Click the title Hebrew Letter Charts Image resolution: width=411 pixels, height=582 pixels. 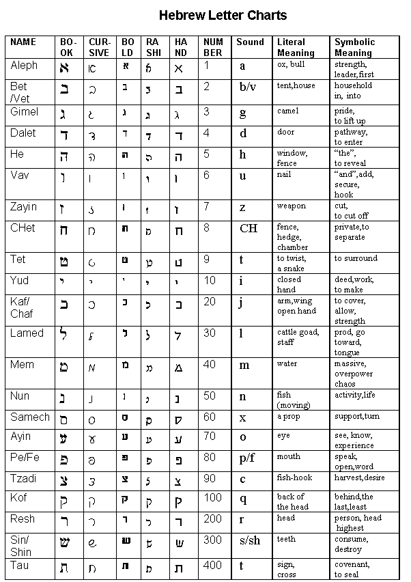click(x=223, y=15)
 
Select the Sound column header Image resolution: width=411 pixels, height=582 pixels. click(x=250, y=42)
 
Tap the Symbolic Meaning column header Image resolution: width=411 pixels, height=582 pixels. click(x=354, y=47)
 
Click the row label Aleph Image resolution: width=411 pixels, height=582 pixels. click(x=24, y=66)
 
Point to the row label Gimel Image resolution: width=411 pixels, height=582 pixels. click(x=25, y=112)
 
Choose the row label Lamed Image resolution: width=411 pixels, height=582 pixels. click(x=27, y=333)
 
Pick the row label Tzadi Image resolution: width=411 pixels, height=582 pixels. click(x=23, y=478)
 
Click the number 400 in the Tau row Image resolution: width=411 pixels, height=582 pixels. click(x=212, y=566)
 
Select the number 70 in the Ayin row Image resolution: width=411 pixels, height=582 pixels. click(x=210, y=436)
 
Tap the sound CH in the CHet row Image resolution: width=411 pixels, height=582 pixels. click(x=249, y=228)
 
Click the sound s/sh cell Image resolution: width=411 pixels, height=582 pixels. click(x=249, y=541)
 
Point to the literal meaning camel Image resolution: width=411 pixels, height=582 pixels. click(x=287, y=111)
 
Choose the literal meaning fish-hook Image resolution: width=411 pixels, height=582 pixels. click(x=294, y=478)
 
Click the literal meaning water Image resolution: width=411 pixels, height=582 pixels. click(x=287, y=364)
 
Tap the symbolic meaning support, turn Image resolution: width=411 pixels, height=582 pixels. click(x=356, y=416)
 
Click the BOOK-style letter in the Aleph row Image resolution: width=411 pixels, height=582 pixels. click(x=65, y=68)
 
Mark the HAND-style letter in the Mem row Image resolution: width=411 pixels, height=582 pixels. click(x=178, y=367)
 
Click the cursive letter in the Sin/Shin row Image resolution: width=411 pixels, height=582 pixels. click(x=92, y=543)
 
